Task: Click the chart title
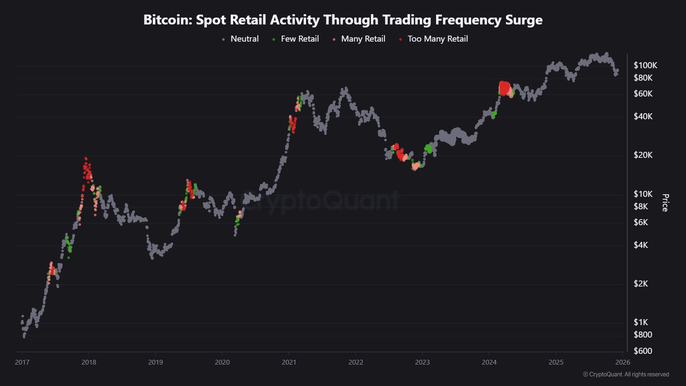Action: [343, 20]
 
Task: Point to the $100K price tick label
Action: [645, 66]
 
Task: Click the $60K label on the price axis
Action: [643, 94]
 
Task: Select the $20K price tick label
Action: [643, 155]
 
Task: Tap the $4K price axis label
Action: [641, 245]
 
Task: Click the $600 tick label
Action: [643, 351]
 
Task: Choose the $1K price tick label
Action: [641, 323]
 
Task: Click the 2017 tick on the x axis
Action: [22, 362]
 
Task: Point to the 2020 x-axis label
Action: [222, 362]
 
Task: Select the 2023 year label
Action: [422, 362]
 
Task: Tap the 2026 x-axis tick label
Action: [623, 362]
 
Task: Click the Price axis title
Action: [665, 203]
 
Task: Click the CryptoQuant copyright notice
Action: [626, 374]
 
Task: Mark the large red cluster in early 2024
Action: [505, 88]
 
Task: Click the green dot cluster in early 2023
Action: [428, 149]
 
